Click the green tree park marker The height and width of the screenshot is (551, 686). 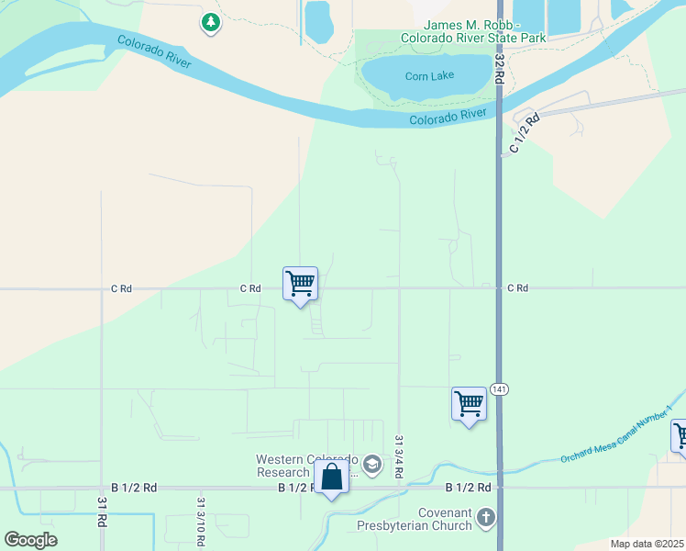(x=211, y=21)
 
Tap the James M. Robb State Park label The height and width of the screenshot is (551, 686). (x=473, y=30)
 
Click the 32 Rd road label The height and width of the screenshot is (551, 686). (x=500, y=68)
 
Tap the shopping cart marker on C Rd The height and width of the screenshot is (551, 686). (x=301, y=284)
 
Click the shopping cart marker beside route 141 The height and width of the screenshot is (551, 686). (x=469, y=404)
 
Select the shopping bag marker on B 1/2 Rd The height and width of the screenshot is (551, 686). (x=331, y=478)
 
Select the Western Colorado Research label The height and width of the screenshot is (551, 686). (x=305, y=466)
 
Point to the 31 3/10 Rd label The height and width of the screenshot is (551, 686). (x=199, y=521)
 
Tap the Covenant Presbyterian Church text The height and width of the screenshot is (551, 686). (x=419, y=519)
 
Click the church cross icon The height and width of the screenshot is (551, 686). (x=486, y=519)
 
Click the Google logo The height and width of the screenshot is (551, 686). (x=30, y=540)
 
